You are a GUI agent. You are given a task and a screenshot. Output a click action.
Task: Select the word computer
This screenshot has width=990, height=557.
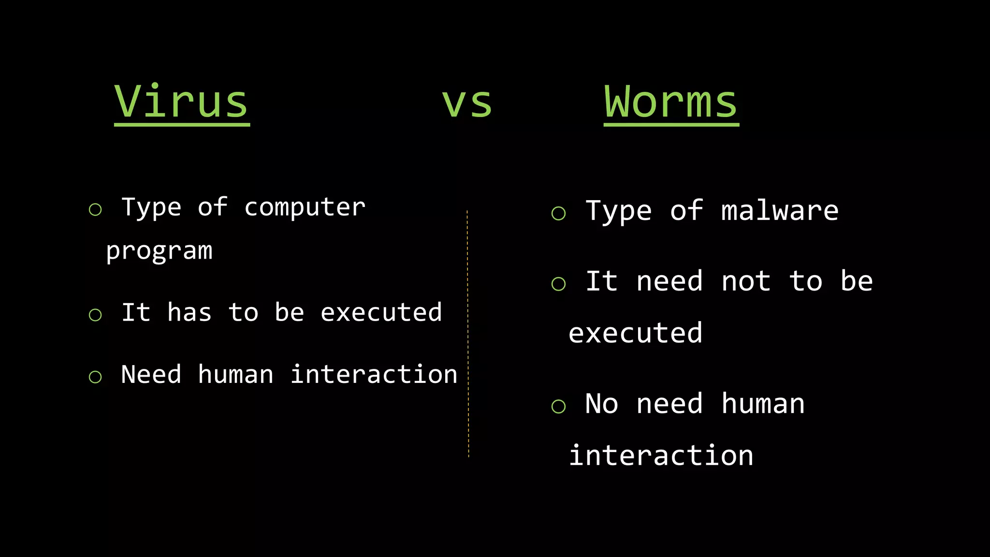pos(305,208)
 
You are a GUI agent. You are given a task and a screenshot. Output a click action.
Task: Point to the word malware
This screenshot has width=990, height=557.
pos(780,211)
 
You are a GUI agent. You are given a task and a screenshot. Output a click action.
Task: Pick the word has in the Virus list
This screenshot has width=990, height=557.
pos(189,312)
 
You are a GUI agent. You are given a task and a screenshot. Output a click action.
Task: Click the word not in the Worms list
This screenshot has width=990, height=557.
pos(746,281)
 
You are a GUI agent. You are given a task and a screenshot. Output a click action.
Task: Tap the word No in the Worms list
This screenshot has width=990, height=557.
pos(601,404)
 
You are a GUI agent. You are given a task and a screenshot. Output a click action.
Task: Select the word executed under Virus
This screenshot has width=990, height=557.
pos(381,312)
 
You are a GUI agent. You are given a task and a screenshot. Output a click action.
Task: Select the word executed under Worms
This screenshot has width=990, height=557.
pos(635,333)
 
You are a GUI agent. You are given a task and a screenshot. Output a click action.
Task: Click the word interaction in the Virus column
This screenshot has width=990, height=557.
pos(374,375)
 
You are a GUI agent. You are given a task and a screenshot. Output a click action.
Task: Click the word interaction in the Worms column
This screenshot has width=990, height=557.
pos(661,455)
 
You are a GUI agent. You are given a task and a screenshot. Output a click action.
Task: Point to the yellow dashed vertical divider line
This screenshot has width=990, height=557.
pos(468,334)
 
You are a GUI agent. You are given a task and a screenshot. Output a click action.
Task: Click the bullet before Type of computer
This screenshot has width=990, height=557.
pos(95,209)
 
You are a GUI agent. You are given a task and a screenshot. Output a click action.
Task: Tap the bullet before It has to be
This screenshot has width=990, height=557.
pos(95,315)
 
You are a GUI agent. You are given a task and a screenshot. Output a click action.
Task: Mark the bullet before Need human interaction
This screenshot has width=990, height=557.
pos(95,377)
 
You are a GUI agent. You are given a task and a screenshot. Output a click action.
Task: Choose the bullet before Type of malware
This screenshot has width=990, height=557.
pos(558,213)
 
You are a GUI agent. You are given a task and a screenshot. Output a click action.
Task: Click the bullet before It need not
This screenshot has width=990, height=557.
pos(558,284)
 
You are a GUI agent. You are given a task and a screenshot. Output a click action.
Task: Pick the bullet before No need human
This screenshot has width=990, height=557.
pos(558,406)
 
